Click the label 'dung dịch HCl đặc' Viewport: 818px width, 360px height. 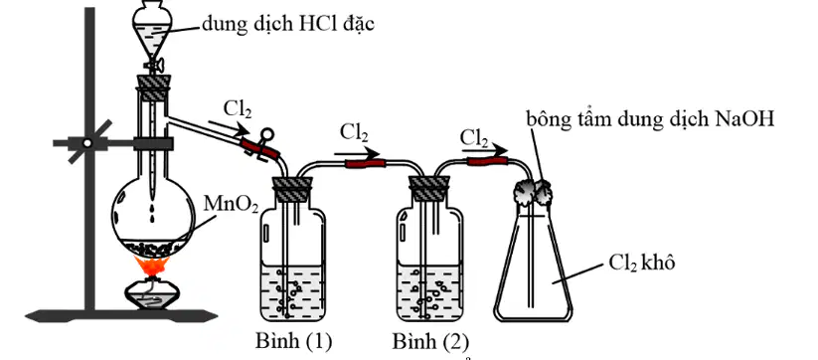pyautogui.click(x=288, y=24)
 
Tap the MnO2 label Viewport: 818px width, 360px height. pyautogui.click(x=231, y=205)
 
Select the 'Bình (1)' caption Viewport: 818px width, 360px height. pyautogui.click(x=294, y=342)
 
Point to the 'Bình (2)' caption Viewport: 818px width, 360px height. pyautogui.click(x=430, y=342)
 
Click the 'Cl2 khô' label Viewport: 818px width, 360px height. pyautogui.click(x=642, y=264)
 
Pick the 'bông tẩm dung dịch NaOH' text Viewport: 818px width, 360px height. pyautogui.click(x=649, y=119)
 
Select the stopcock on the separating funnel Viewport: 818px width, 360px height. pyautogui.click(x=154, y=65)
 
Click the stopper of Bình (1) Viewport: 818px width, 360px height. pyautogui.click(x=292, y=189)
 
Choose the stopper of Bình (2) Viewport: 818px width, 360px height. pyautogui.click(x=429, y=189)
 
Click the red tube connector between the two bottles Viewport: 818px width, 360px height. pyautogui.click(x=365, y=164)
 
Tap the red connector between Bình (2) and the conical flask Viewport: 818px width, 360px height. pyautogui.click(x=487, y=161)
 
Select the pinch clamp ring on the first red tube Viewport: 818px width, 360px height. pyautogui.click(x=268, y=135)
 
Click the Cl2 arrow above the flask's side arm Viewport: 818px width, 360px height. pyautogui.click(x=229, y=127)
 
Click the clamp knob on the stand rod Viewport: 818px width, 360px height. pyautogui.click(x=87, y=142)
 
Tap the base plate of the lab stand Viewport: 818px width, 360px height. pyautogui.click(x=121, y=315)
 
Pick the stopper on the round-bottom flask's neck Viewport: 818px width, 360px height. pyautogui.click(x=153, y=88)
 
